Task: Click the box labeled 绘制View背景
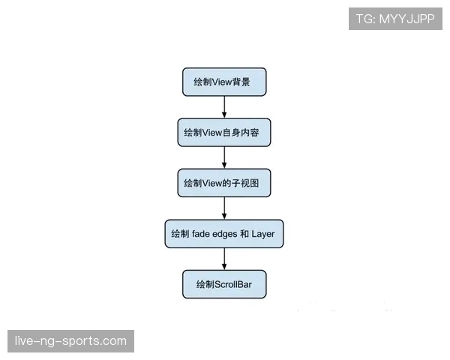tap(224, 82)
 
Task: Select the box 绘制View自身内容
tap(224, 132)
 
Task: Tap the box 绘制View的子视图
tap(224, 183)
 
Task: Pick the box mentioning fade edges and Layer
tap(224, 234)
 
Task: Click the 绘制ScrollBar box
tap(224, 284)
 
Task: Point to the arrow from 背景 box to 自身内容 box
tap(224, 107)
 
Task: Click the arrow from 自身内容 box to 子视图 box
tap(224, 157)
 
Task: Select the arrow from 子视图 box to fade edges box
tap(224, 208)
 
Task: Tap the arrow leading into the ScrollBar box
tap(224, 259)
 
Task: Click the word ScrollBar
tap(233, 284)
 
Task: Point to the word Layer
tap(263, 234)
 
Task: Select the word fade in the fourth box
tap(201, 234)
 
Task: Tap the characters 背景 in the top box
tap(241, 82)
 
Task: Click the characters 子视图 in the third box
tap(245, 183)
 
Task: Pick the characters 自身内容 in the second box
tap(241, 133)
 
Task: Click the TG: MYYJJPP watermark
tap(395, 19)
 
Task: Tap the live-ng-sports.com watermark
tap(70, 341)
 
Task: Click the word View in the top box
tap(222, 82)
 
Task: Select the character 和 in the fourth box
tap(244, 234)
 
